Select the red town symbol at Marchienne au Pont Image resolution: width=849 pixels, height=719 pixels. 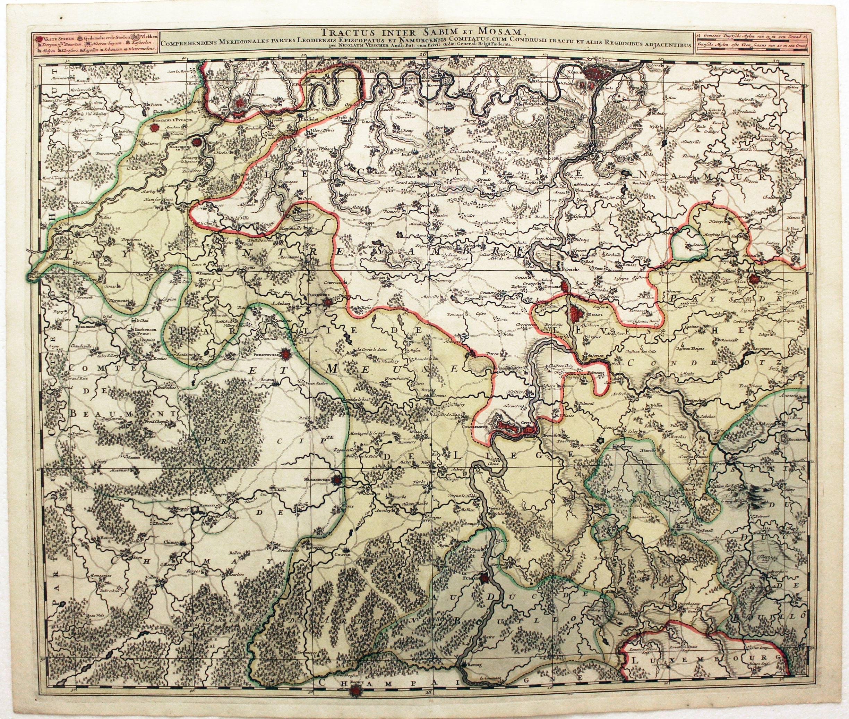(197, 142)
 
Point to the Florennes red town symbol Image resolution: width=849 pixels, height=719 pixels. (327, 302)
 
